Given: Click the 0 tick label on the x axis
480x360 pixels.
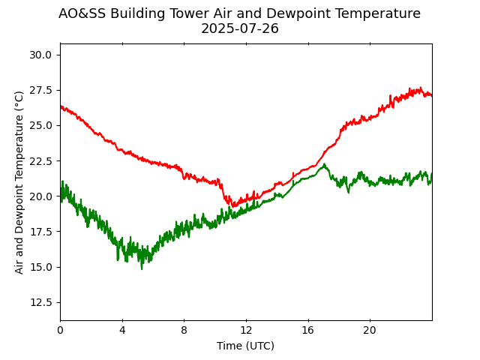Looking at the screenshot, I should pyautogui.click(x=60, y=330).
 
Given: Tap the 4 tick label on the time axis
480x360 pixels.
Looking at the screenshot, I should pyautogui.click(x=122, y=330).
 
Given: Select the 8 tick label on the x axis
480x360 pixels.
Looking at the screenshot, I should pyautogui.click(x=184, y=330).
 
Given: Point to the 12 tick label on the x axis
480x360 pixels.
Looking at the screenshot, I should pyautogui.click(x=246, y=330).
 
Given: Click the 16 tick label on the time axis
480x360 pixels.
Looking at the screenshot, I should pyautogui.click(x=307, y=330).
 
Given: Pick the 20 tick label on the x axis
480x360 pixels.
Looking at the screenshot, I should pyautogui.click(x=370, y=330).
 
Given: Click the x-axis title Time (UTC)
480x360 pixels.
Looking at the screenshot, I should pyautogui.click(x=246, y=346).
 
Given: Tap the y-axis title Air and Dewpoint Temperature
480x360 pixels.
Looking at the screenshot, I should pyautogui.click(x=19, y=182).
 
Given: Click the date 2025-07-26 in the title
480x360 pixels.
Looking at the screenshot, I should pyautogui.click(x=240, y=29).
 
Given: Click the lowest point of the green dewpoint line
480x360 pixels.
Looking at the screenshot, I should pyautogui.click(x=142, y=268).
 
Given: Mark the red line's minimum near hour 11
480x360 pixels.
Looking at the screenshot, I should pyautogui.click(x=233, y=206).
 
